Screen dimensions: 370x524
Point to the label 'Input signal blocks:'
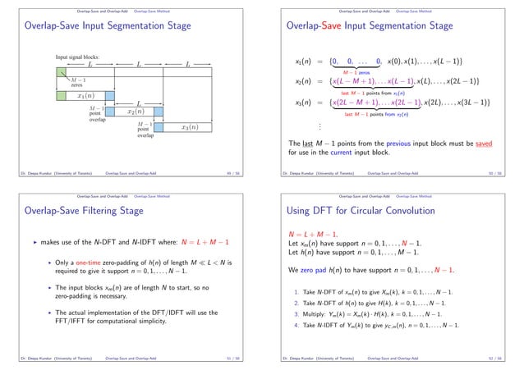pos(78,56)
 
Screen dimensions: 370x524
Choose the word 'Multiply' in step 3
pos(322,314)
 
